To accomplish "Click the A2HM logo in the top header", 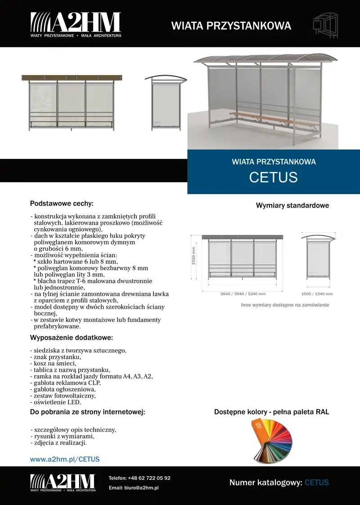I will [76, 24].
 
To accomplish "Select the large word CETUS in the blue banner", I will [273, 177].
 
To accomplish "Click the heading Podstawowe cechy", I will [62, 203].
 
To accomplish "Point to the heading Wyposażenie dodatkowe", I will [71, 338].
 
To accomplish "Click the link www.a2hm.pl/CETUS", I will [64, 459].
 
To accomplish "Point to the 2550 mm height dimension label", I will [194, 255].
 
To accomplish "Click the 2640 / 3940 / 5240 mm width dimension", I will [243, 294].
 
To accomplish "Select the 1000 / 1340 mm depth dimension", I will [317, 294].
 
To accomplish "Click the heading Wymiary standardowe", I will [292, 206].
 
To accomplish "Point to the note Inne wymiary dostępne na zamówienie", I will [285, 305].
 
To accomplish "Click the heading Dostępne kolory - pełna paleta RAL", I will [271, 412].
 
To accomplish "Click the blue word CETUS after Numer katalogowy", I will [316, 482].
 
